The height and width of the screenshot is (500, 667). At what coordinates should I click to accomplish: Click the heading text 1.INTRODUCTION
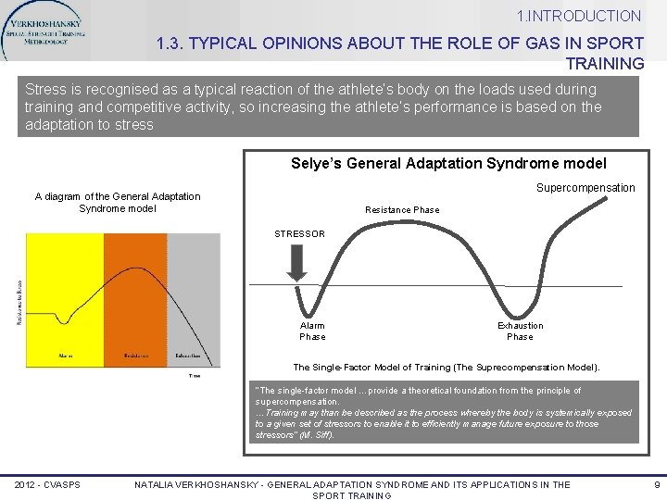[579, 16]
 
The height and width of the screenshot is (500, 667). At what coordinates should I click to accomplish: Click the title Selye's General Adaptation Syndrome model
[448, 163]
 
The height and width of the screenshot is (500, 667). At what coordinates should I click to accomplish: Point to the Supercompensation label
[585, 188]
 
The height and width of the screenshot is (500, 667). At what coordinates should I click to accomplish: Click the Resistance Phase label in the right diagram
[402, 210]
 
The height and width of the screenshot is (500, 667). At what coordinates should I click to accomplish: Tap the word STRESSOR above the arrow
[299, 233]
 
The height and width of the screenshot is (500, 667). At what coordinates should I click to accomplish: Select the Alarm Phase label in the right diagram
[312, 331]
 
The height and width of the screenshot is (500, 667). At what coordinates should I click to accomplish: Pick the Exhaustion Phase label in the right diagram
[520, 331]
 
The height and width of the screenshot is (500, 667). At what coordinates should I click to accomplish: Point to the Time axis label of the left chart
[195, 376]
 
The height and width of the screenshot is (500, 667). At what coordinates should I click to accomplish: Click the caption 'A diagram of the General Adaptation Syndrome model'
[117, 202]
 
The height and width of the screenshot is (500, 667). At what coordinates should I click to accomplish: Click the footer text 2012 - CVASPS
[47, 484]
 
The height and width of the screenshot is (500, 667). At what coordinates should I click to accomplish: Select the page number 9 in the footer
[656, 484]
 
